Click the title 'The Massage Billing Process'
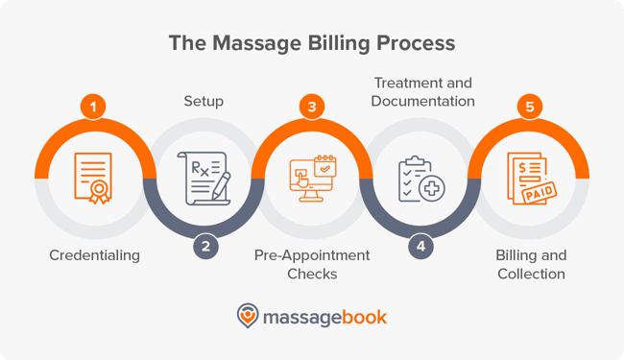click(312, 44)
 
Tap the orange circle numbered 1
click(93, 108)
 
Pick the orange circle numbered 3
click(312, 108)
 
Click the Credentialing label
click(93, 255)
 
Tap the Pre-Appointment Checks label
click(312, 265)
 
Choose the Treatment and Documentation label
click(422, 91)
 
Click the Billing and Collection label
click(531, 265)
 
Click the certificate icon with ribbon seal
click(93, 178)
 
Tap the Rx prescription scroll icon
click(203, 178)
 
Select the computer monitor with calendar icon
click(312, 178)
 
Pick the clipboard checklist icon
click(420, 178)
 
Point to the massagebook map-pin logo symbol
click(248, 316)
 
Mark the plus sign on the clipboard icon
click(432, 188)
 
